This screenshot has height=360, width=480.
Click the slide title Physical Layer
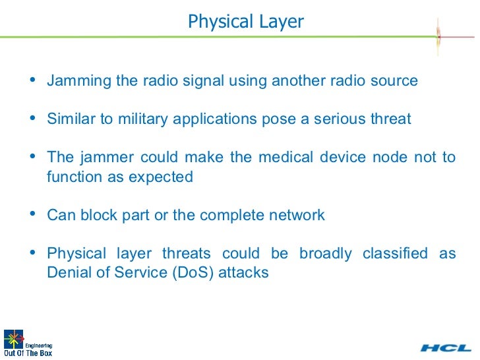[x=245, y=22]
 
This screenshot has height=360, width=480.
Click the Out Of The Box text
[x=28, y=352]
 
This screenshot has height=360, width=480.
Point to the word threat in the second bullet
[x=390, y=119]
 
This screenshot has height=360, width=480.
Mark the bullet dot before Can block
[x=34, y=215]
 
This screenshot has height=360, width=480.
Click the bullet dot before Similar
[x=34, y=119]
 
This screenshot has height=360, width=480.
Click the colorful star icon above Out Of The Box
[x=13, y=338]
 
